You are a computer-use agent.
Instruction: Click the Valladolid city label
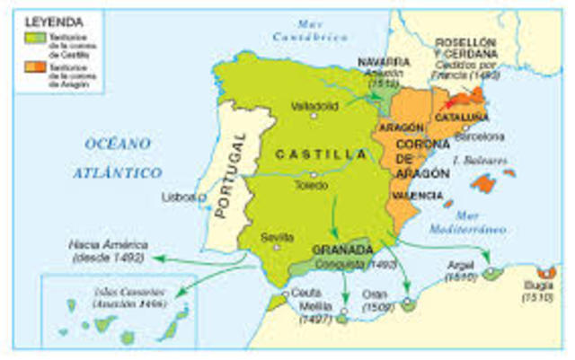tap(314, 105)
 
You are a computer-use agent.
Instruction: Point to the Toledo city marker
tap(314, 173)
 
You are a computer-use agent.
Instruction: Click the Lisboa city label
tap(180, 196)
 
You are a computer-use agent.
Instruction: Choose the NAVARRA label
tap(383, 63)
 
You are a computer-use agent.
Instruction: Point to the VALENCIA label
tap(415, 195)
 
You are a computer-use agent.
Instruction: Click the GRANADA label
tap(341, 250)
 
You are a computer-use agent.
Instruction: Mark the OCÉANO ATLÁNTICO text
tap(124, 157)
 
